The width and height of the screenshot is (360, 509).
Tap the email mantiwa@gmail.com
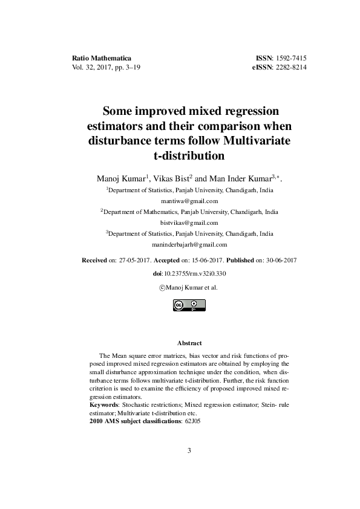(189, 201)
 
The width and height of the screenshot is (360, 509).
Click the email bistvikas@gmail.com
(189, 222)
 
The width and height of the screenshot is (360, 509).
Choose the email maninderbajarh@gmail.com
(189, 245)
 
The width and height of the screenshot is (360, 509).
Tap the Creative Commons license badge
(189, 306)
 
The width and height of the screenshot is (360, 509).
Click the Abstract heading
(189, 343)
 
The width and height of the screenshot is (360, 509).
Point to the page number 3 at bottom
(189, 450)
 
